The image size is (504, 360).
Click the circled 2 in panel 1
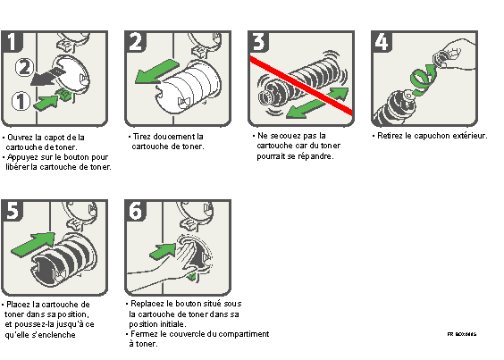tap(26, 65)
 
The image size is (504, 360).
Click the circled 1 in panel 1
tap(20, 102)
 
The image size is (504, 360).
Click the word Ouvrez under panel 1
tap(21, 137)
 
